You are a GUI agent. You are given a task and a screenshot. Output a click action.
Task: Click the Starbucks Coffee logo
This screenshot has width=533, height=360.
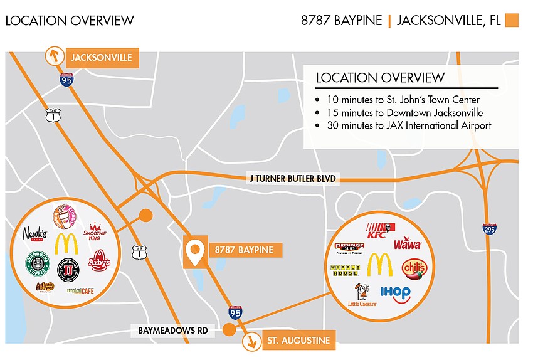point(37,263)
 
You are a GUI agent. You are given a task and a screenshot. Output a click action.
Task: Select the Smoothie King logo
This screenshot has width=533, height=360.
point(97,231)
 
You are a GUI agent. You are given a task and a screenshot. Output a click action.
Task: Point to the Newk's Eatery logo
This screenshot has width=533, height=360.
point(34,235)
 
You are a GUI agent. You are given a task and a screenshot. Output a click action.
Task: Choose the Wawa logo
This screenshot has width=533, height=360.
point(408,243)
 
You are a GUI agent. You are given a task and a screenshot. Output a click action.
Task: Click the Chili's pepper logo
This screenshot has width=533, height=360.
point(414,268)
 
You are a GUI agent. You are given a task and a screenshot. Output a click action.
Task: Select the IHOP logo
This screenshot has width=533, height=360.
point(395,294)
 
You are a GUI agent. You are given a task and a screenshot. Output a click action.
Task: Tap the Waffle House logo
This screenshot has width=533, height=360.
point(345,270)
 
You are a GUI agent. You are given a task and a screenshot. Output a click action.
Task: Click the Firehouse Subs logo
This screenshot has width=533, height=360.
point(349,248)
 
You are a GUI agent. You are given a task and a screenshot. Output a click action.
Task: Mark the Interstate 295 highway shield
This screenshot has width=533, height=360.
point(489,229)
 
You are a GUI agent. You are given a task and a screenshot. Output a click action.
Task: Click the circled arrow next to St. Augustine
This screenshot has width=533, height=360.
point(252,342)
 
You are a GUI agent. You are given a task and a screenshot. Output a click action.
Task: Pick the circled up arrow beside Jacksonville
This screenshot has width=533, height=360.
point(55,56)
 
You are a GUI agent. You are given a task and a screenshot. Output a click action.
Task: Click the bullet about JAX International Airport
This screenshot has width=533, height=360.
point(319,125)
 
